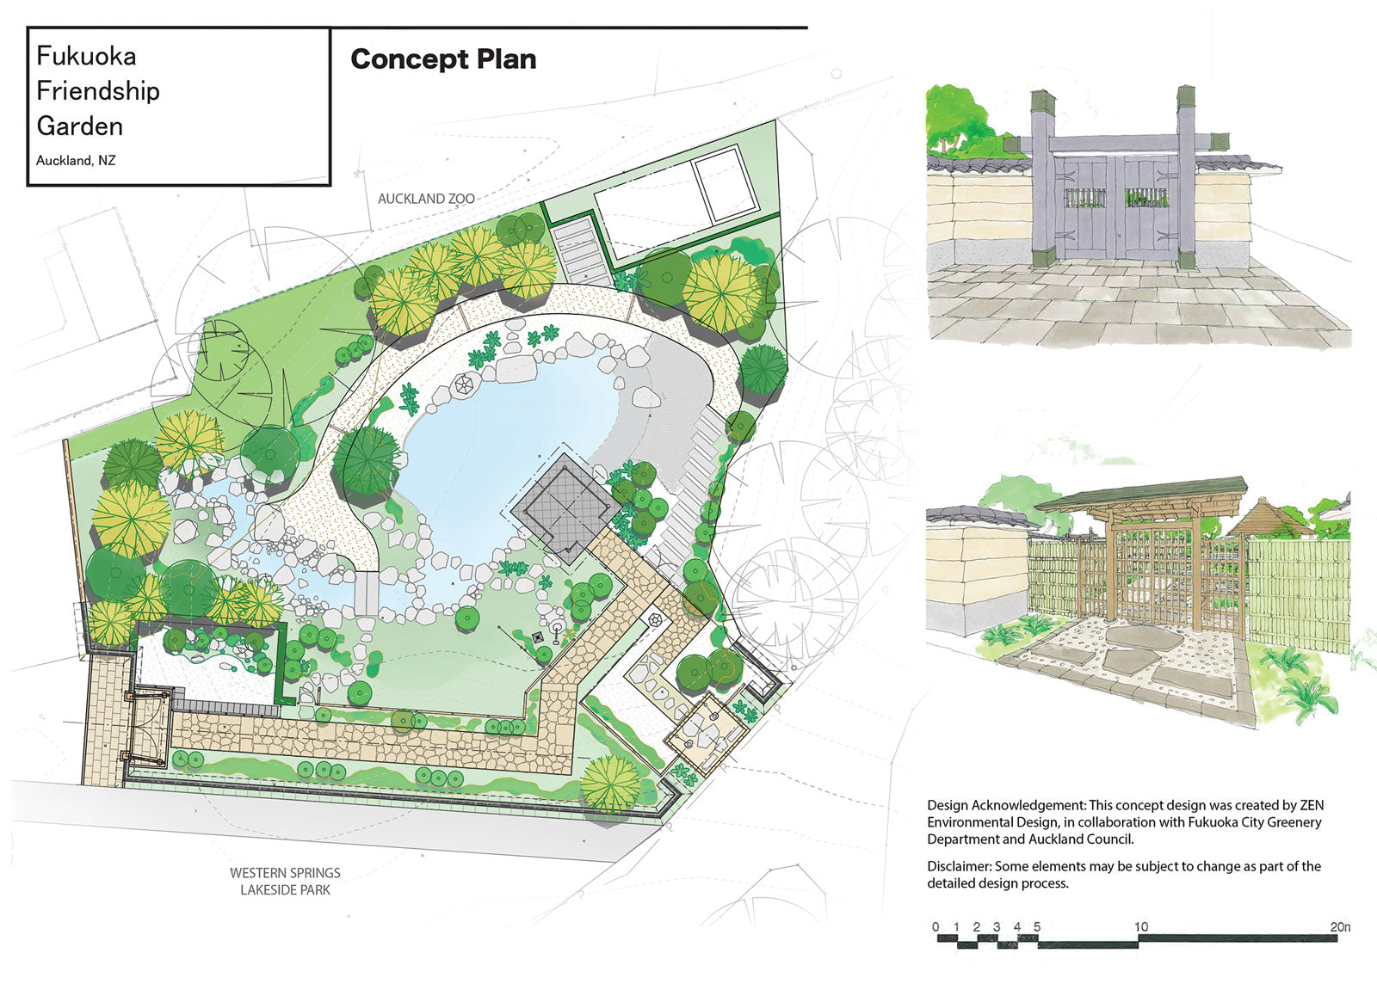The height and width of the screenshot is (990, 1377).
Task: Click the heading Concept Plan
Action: click(x=443, y=59)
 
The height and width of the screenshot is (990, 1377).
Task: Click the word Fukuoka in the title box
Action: click(x=86, y=56)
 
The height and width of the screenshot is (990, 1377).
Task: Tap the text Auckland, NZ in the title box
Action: click(x=76, y=161)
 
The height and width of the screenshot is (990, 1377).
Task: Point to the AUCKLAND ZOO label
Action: click(x=426, y=199)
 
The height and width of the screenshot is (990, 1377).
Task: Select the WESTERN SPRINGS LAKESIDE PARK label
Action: click(x=285, y=882)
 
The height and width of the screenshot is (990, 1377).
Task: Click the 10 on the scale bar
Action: click(x=1141, y=926)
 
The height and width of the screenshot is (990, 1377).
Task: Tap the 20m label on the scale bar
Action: click(x=1341, y=926)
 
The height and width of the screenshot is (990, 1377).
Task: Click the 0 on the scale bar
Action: click(x=935, y=926)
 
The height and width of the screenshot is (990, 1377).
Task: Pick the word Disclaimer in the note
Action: click(x=959, y=866)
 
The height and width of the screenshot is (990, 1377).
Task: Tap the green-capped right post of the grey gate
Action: click(x=1186, y=177)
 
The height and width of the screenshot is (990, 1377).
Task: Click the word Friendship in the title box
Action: click(x=98, y=91)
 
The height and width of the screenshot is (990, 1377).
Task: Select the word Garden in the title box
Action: click(x=80, y=126)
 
